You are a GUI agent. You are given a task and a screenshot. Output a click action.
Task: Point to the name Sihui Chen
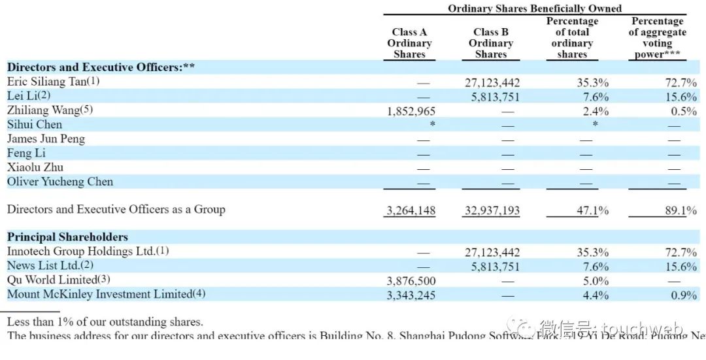[x=35, y=124]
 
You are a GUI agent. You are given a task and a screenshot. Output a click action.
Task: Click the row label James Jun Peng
[x=46, y=139]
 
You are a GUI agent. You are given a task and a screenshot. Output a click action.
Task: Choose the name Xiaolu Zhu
[x=35, y=167]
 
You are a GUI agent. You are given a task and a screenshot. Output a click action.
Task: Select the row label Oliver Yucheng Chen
[x=60, y=182]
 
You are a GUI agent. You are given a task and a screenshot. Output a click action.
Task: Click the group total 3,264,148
[x=411, y=211]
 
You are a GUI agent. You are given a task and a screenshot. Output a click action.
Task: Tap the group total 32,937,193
[x=492, y=211]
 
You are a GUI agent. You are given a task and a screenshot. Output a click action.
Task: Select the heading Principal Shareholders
[x=67, y=237]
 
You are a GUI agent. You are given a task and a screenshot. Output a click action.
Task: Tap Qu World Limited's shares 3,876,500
[x=411, y=281]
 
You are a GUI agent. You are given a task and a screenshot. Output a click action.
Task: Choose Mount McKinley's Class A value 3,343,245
[x=411, y=295]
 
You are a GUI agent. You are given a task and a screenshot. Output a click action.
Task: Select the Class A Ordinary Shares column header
[x=409, y=43]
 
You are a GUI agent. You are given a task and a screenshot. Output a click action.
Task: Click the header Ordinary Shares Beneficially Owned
[x=535, y=8]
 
